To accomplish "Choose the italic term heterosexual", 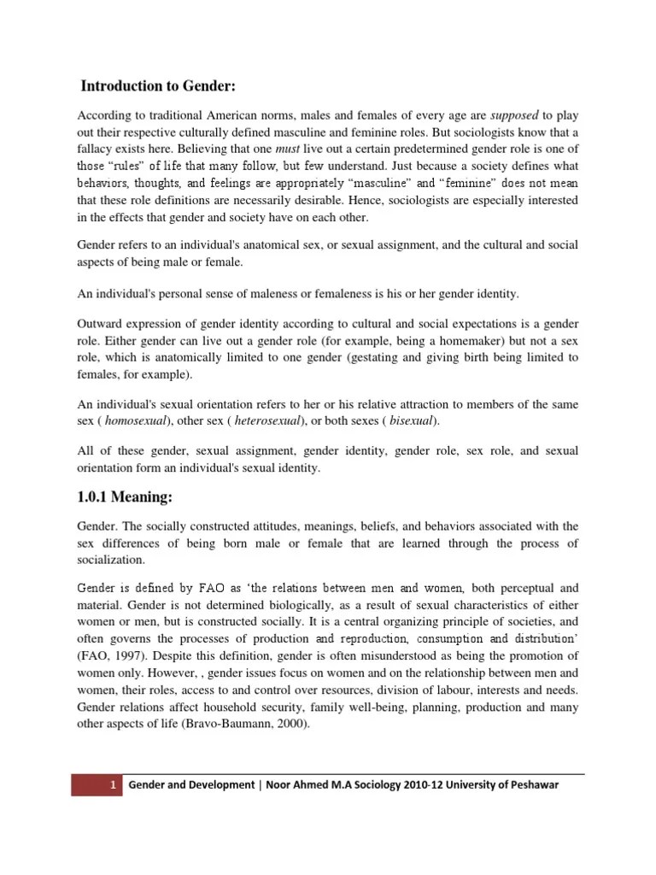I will [x=268, y=421].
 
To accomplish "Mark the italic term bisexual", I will [x=412, y=421].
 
